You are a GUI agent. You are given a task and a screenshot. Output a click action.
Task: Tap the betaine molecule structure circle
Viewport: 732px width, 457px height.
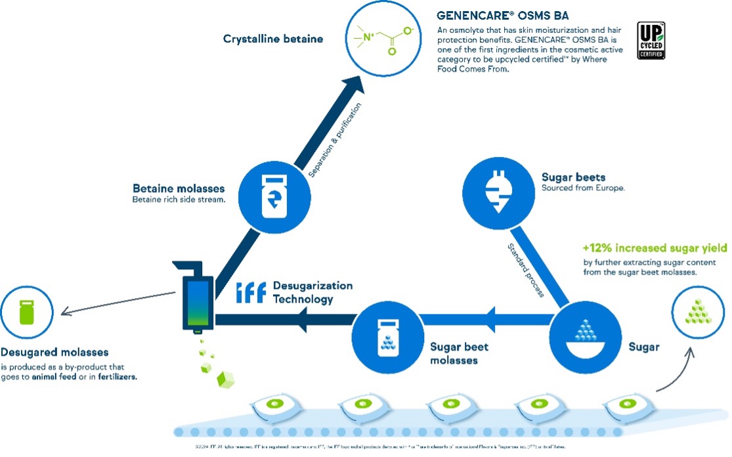(x=383, y=40)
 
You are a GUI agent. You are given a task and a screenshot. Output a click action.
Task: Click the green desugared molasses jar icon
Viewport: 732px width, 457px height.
(x=26, y=308)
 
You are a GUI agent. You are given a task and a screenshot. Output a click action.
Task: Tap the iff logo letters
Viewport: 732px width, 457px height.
(x=249, y=293)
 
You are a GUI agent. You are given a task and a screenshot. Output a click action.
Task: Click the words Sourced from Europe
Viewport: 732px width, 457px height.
(x=583, y=188)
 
